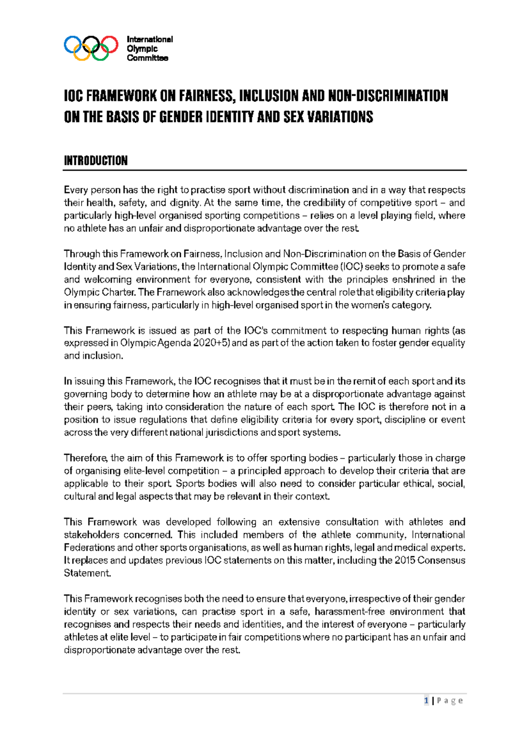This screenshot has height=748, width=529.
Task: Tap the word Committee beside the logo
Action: point(147,58)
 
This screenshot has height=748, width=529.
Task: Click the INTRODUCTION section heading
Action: point(96,161)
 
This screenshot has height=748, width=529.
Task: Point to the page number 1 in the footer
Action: point(426,701)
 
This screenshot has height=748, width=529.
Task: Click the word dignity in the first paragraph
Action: point(187,203)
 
